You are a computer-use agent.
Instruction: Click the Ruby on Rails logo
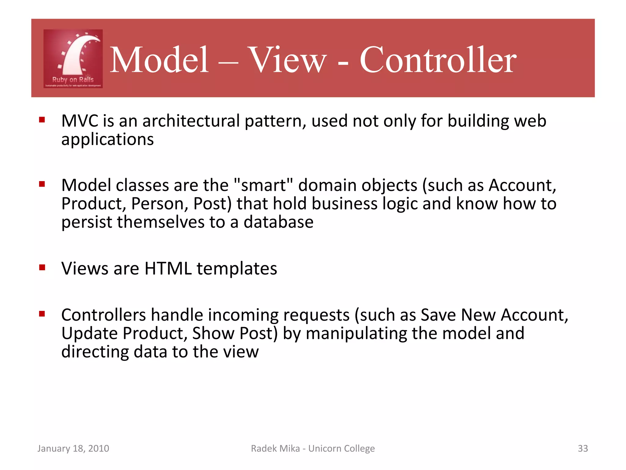pyautogui.click(x=73, y=59)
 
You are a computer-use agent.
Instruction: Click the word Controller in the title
pyautogui.click(x=438, y=60)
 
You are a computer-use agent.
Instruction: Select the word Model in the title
pyautogui.click(x=159, y=60)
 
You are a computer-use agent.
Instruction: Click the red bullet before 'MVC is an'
pyautogui.click(x=42, y=120)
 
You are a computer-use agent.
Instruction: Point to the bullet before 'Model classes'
pyautogui.click(x=42, y=184)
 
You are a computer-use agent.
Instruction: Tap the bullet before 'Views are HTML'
pyautogui.click(x=42, y=268)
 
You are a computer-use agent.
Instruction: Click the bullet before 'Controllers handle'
pyautogui.click(x=42, y=314)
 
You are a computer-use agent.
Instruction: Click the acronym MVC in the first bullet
pyautogui.click(x=79, y=121)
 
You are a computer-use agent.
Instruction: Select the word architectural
pyautogui.click(x=191, y=121)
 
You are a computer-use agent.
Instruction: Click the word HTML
pyautogui.click(x=168, y=269)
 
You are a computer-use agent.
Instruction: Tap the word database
pyautogui.click(x=278, y=222)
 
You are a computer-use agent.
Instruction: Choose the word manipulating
pyautogui.click(x=356, y=334)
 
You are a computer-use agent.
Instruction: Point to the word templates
pyautogui.click(x=237, y=269)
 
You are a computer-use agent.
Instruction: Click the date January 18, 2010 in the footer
pyautogui.click(x=73, y=448)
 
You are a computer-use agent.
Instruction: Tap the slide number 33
pyautogui.click(x=583, y=448)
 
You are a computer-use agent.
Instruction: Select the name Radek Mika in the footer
pyautogui.click(x=275, y=448)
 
